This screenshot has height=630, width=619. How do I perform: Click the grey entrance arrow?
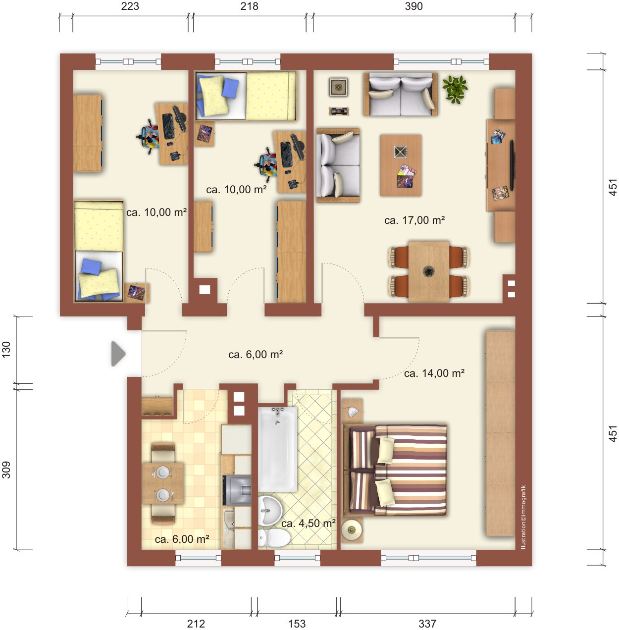tap(118, 354)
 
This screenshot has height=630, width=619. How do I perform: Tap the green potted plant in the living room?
tap(455, 89)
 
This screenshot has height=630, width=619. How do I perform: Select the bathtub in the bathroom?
tap(278, 449)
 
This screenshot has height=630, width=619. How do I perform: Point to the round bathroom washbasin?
tap(270, 511)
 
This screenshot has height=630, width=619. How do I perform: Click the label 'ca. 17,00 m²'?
tap(414, 220)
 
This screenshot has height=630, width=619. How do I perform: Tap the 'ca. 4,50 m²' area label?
tap(309, 523)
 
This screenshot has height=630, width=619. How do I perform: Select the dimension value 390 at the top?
tap(413, 6)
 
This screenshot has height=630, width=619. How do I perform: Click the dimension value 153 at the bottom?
tap(297, 624)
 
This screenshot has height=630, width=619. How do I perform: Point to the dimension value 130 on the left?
tap(6, 350)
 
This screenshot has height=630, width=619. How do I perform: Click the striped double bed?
tap(395, 470)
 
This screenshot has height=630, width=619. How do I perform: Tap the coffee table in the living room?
tap(401, 165)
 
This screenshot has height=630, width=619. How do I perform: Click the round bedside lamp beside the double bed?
tap(352, 529)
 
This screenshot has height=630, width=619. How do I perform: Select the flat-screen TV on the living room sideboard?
tap(512, 165)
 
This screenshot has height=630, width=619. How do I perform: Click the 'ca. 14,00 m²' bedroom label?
tap(434, 373)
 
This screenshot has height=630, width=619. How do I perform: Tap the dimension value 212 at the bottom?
tap(196, 624)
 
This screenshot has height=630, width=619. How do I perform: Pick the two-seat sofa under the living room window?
tap(401, 94)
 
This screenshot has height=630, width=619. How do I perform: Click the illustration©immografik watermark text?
tap(523, 518)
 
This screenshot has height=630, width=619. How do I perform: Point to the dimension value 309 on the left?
tap(6, 470)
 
